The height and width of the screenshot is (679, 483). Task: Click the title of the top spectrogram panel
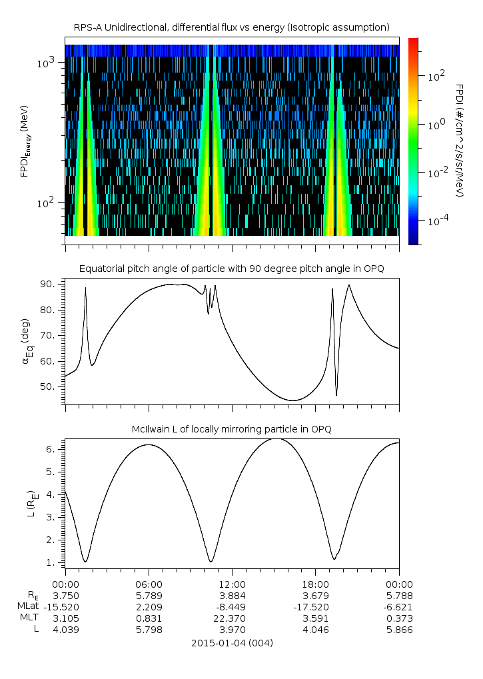point(231,27)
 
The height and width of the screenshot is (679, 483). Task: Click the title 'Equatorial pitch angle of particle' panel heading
point(232,269)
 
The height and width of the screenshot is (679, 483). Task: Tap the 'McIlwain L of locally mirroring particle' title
point(232,429)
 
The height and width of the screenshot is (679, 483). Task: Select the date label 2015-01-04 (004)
point(232,643)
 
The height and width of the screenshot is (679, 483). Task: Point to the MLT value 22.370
point(232,618)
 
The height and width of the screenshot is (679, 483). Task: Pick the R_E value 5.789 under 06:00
point(149,595)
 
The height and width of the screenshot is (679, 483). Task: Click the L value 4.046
point(315,630)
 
